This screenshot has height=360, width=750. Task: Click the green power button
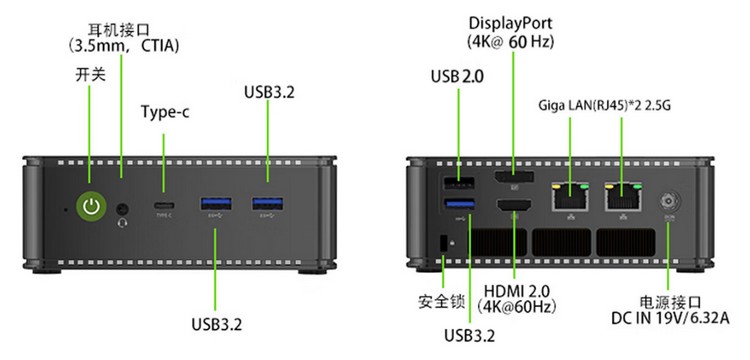tap(91, 206)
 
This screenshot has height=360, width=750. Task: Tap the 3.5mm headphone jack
tap(123, 208)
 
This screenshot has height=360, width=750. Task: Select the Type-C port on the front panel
tap(164, 206)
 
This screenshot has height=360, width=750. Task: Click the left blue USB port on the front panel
tap(216, 204)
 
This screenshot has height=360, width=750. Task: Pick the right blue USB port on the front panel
tap(268, 204)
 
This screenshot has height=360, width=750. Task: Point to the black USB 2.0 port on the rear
tap(459, 183)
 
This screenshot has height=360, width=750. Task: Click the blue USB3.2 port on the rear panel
tap(460, 204)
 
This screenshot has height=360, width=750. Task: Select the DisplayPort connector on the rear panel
tap(515, 177)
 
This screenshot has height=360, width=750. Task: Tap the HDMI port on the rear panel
tap(515, 206)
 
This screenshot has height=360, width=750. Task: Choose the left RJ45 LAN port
tap(570, 196)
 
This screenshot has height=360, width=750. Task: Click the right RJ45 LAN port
tap(623, 196)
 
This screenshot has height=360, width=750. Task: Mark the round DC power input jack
tap(668, 202)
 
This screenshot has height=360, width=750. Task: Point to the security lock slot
tap(443, 243)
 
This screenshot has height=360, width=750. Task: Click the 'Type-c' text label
tap(165, 113)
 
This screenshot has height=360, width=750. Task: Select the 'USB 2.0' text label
tap(457, 76)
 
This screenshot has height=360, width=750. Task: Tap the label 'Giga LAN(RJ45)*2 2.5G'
tap(605, 105)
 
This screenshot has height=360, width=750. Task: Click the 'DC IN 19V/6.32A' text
tap(670, 318)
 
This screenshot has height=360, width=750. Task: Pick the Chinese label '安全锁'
tap(441, 302)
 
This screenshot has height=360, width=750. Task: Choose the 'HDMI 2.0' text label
tap(517, 291)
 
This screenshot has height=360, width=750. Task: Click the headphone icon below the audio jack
tap(122, 223)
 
